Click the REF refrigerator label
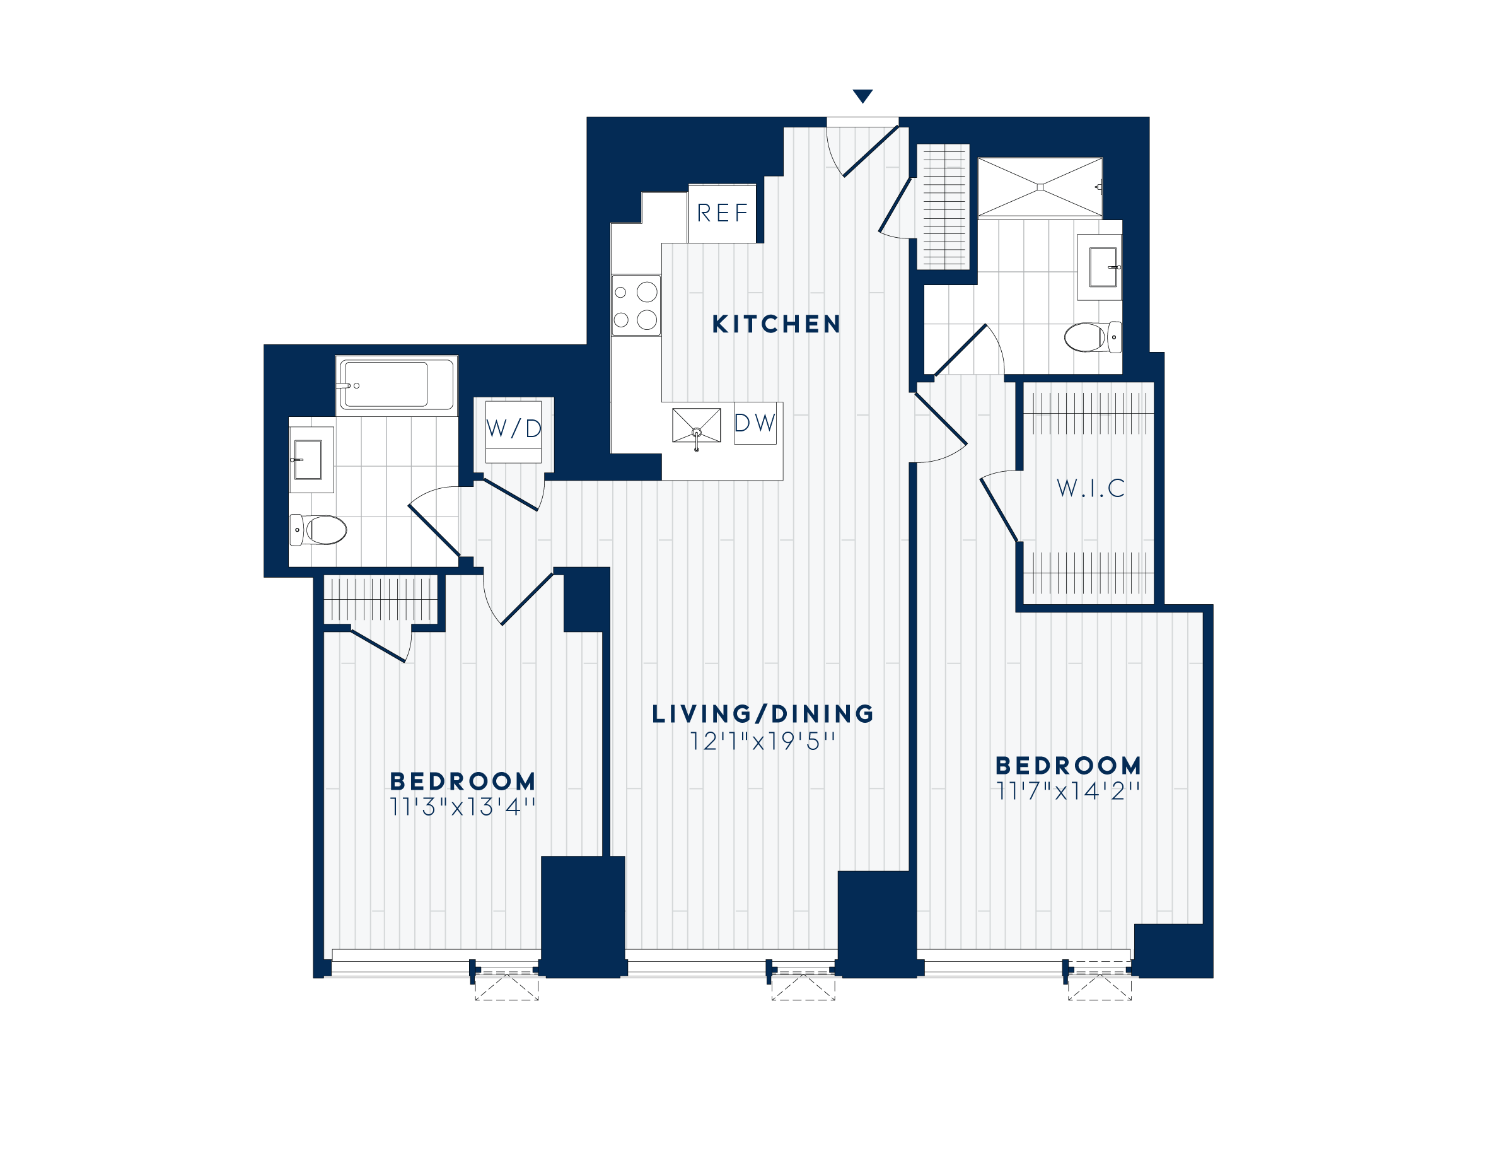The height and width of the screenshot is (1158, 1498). [723, 213]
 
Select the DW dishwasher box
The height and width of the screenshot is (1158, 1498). [755, 423]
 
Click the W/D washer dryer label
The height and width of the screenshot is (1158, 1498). [514, 429]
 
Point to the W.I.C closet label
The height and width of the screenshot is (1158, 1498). [1091, 488]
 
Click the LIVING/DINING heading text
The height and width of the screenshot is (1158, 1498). [763, 714]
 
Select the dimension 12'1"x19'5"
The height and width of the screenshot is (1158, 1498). [763, 742]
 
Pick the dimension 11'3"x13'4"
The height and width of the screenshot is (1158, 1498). [463, 807]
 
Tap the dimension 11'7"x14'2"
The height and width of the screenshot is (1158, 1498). [1068, 792]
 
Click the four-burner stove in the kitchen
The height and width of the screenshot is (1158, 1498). [636, 305]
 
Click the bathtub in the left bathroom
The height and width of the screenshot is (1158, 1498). [396, 385]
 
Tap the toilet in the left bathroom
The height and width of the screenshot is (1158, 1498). [319, 530]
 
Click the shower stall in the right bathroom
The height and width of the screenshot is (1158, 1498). [1040, 187]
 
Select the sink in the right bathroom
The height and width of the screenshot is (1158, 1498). [1102, 267]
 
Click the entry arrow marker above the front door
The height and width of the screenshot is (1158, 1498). [863, 96]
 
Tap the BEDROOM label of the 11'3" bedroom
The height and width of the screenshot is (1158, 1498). [463, 781]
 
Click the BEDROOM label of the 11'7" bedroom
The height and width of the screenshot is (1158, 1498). [1068, 766]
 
